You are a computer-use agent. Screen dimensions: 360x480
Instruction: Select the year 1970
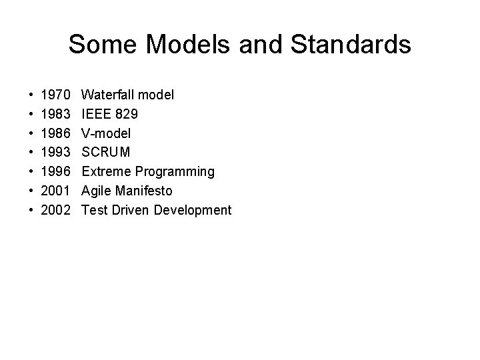(x=55, y=95)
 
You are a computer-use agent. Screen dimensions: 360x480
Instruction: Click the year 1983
(x=55, y=115)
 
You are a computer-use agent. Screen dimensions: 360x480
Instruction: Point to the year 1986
(x=55, y=133)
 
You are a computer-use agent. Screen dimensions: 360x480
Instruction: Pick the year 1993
(x=55, y=153)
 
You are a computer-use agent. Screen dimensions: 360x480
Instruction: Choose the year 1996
(x=55, y=172)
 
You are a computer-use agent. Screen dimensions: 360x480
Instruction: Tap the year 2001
(x=55, y=191)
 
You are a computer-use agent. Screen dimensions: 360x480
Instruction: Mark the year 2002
(x=55, y=211)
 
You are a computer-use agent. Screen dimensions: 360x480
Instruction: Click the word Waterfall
(x=109, y=95)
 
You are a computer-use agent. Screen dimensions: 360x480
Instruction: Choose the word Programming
(x=175, y=172)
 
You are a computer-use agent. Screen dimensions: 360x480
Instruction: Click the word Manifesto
(x=145, y=191)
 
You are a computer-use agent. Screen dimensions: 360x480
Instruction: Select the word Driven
(x=131, y=211)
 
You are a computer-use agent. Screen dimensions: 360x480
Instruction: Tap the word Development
(x=193, y=211)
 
